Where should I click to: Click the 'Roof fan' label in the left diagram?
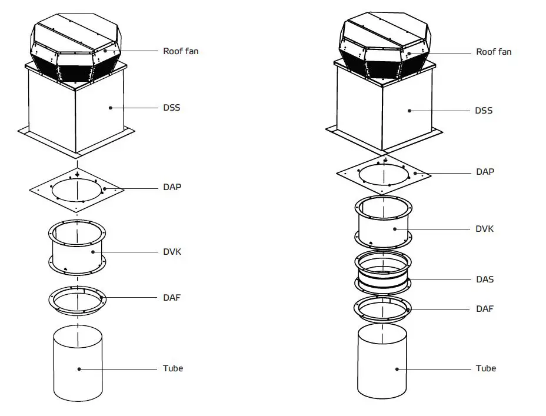[181, 51]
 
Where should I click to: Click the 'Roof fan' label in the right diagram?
[494, 52]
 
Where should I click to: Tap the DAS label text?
[485, 279]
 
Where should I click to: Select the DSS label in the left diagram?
[172, 108]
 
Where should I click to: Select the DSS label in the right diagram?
[484, 111]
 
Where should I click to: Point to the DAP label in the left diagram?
[172, 187]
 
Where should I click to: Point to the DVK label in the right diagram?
[485, 228]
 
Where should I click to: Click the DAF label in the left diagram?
[172, 297]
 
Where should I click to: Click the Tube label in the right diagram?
[486, 368]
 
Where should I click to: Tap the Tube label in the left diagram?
[173, 368]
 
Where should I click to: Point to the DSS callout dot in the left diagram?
[110, 108]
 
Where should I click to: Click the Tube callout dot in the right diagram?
[397, 369]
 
